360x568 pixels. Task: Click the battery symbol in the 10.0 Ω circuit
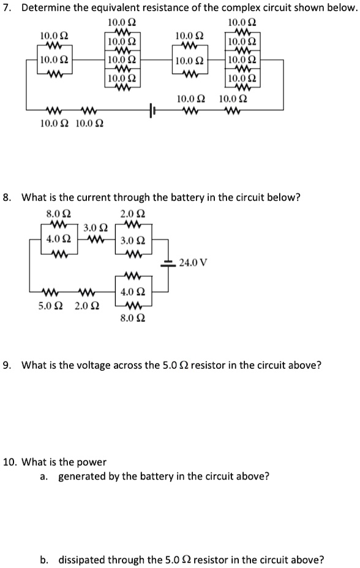(152, 110)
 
